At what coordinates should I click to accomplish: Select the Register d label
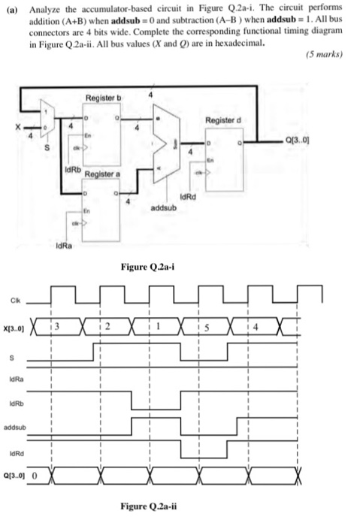(223, 119)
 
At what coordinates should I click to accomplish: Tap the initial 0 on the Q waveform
(34, 476)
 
